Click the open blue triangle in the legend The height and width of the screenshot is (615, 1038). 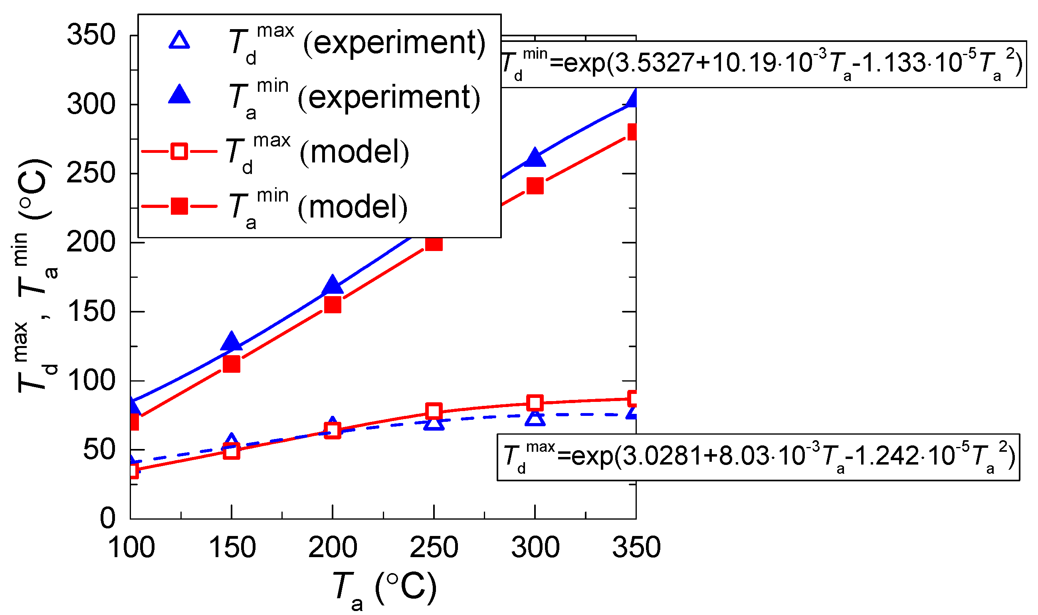click(x=180, y=41)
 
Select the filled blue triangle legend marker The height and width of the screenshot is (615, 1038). click(x=180, y=95)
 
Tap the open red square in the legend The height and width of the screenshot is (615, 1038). click(x=180, y=151)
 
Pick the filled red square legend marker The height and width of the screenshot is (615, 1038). click(x=180, y=206)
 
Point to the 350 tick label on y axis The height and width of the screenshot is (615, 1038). click(x=91, y=35)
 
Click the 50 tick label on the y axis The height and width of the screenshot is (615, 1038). click(x=99, y=450)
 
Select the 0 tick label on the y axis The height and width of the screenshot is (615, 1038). click(x=108, y=518)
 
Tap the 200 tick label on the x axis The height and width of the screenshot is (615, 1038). click(x=333, y=548)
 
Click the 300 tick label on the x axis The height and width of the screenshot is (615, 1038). click(x=535, y=548)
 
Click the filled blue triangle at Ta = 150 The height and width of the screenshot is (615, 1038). click(x=231, y=341)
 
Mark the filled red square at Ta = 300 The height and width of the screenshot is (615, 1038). click(x=535, y=186)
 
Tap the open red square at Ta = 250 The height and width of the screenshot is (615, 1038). click(x=434, y=411)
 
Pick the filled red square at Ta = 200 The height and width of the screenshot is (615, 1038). click(x=333, y=305)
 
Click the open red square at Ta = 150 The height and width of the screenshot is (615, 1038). click(x=231, y=451)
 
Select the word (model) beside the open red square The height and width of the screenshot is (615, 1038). click(x=355, y=152)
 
